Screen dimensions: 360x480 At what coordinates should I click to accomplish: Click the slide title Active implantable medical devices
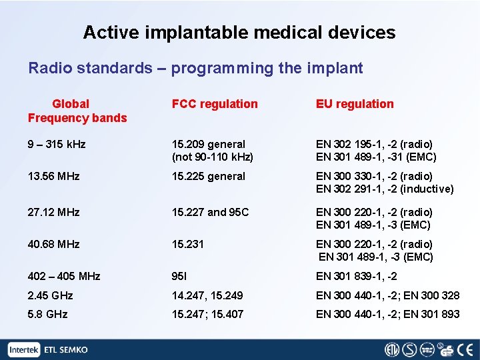point(239,32)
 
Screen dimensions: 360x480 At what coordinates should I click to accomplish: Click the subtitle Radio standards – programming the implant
point(195,68)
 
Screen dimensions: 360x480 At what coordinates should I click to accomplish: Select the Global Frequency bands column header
point(77,111)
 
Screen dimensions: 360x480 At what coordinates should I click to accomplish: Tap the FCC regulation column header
point(215,104)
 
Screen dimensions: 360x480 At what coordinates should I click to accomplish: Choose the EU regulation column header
point(355,104)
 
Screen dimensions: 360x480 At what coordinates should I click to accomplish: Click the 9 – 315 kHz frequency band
point(57,144)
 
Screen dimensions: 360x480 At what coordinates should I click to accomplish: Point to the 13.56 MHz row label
point(53,177)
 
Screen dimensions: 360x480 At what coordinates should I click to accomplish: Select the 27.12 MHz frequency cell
point(53,212)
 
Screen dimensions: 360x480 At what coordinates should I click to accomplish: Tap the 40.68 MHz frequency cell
point(53,244)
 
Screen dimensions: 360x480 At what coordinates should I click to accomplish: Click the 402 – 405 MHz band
point(64,276)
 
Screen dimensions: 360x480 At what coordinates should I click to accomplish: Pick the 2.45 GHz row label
point(50,295)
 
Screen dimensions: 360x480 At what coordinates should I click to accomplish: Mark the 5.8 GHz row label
point(47,314)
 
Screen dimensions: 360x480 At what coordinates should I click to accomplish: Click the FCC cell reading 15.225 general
point(209,177)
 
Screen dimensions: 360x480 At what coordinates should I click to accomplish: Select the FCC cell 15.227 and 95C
point(210,212)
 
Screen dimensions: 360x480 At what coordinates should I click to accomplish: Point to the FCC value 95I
point(179,276)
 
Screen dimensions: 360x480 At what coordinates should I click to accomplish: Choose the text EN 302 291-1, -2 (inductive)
point(385,189)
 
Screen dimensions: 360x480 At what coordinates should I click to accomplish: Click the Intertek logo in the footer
point(25,349)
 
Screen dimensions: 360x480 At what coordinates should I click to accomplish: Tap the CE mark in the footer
point(467,349)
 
